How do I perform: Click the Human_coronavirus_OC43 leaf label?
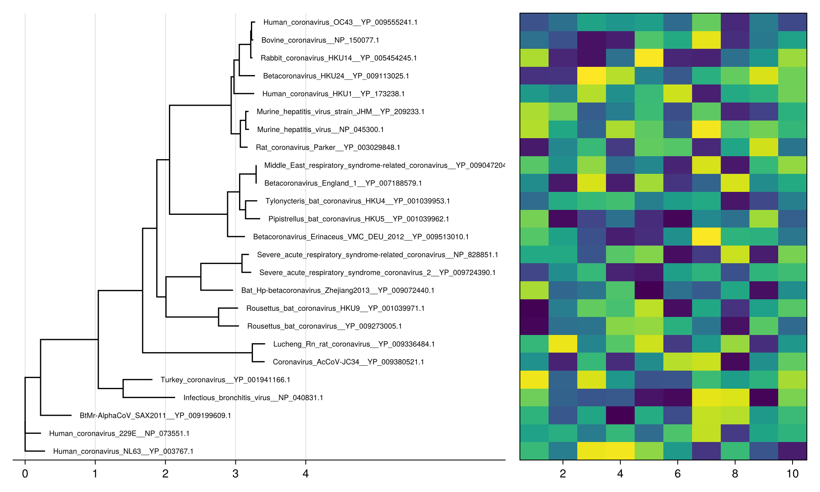point(340,23)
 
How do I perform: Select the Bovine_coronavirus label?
point(320,40)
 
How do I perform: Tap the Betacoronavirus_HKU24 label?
point(336,76)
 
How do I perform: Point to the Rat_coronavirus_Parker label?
point(328,148)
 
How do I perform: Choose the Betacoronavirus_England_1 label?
point(343,183)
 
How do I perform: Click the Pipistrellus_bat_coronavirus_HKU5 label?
point(359,219)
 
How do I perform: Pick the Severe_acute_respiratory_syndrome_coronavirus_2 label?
point(378,273)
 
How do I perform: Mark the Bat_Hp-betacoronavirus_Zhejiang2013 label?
point(338,291)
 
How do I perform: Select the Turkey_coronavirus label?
point(225,380)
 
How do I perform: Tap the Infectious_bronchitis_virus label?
point(253,398)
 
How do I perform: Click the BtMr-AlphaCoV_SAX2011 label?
point(155,416)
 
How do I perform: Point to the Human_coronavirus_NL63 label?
point(123,451)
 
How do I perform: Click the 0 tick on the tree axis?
point(25,474)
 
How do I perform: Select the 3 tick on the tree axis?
point(235,474)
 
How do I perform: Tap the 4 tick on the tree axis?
point(305,474)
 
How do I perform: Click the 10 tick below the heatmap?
point(793,474)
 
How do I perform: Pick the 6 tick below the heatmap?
point(677,474)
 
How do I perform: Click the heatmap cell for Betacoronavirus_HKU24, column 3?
point(592,76)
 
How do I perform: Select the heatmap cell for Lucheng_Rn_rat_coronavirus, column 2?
point(563,344)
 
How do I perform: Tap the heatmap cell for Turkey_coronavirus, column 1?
point(534,380)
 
